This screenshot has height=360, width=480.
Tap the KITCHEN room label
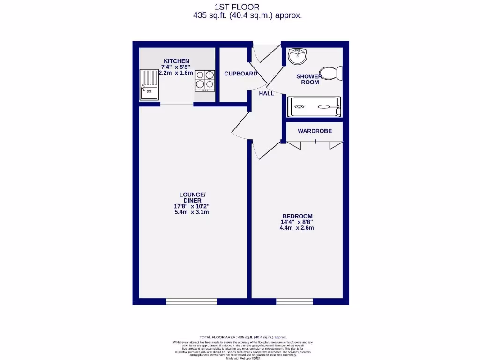pos(176,61)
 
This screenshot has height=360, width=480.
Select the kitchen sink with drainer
pos(150,85)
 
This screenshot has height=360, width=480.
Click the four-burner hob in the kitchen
pos(205,80)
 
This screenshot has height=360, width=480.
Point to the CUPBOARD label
pos(240,74)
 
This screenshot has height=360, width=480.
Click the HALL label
pos(267,93)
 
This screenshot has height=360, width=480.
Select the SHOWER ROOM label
pos(309,79)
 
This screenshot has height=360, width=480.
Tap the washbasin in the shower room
pos(297,56)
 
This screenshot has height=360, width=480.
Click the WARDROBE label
pos(315,131)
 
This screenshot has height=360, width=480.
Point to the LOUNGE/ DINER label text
pos(192,197)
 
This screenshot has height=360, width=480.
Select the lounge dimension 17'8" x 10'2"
pos(192,206)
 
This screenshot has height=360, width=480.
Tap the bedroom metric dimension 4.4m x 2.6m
pos(297,228)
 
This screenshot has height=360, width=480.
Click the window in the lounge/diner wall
pos(192,301)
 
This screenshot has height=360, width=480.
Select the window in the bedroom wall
pos(294,301)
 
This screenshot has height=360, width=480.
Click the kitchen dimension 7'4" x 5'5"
pos(176,67)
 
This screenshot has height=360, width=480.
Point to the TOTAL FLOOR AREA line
pos(243,337)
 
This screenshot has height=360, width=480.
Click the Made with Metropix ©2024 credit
pos(243,358)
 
